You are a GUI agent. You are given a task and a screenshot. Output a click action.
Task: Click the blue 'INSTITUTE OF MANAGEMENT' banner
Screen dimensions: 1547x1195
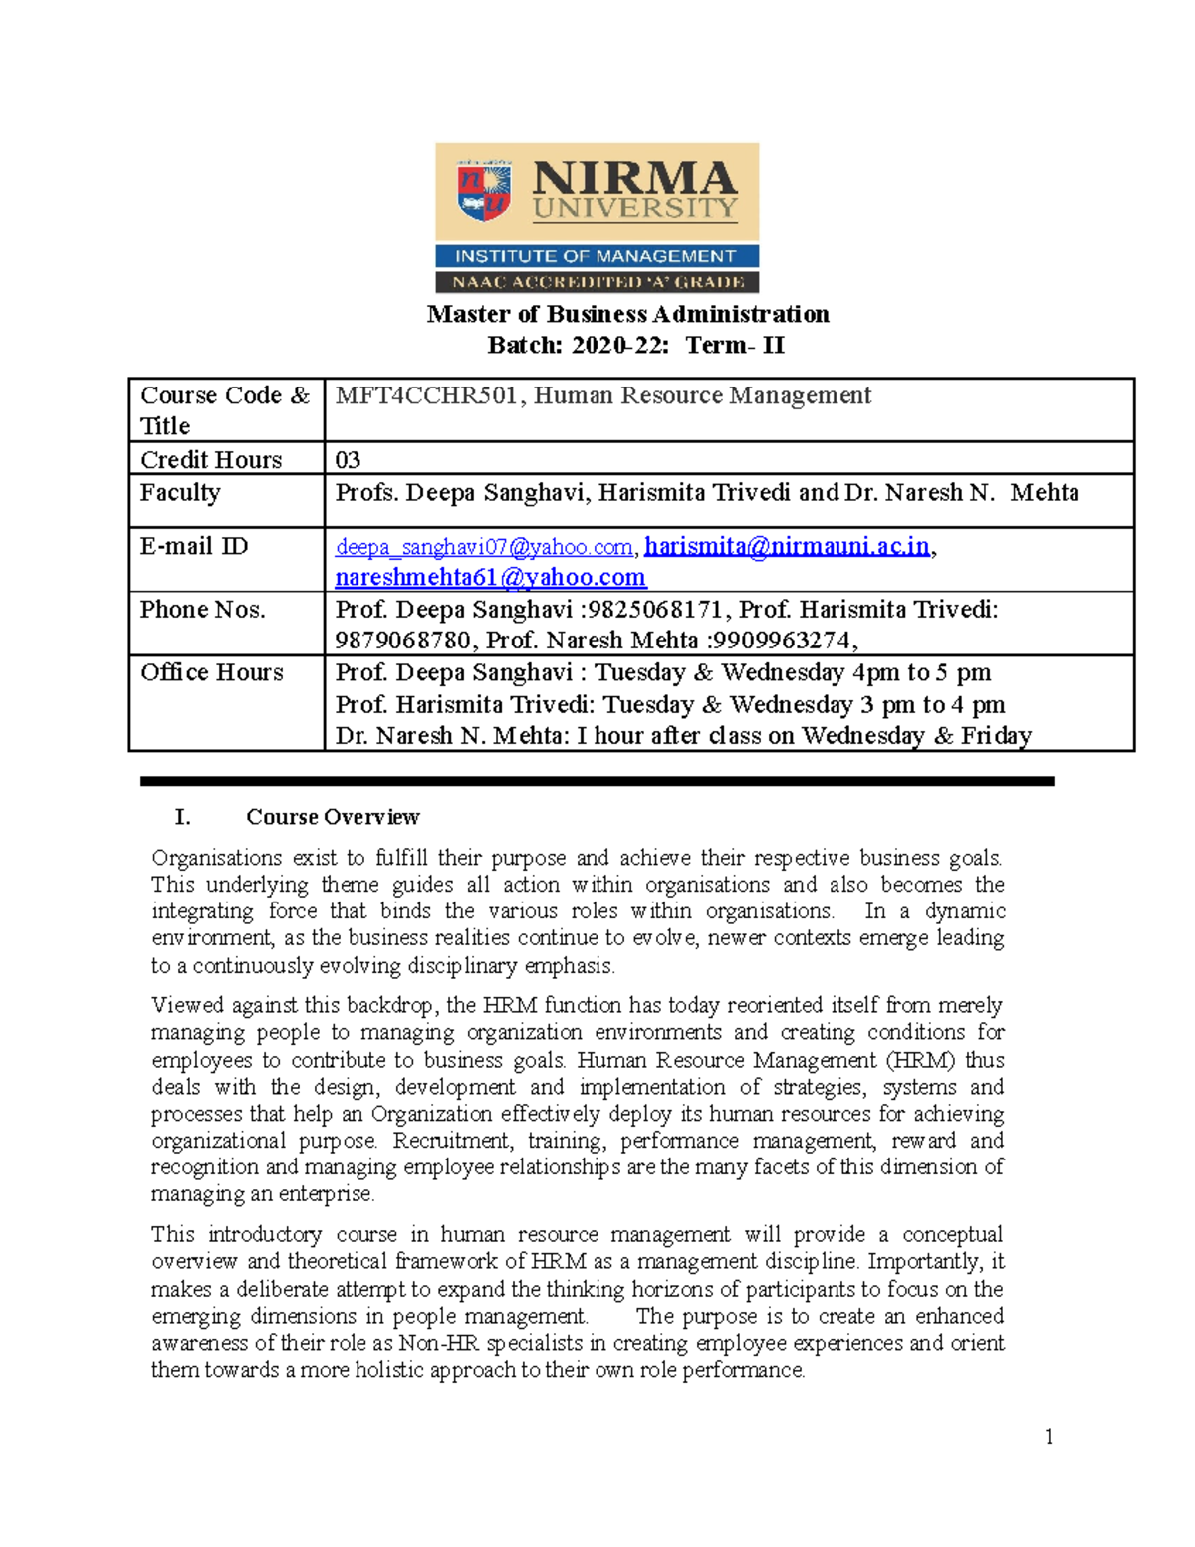[597, 256]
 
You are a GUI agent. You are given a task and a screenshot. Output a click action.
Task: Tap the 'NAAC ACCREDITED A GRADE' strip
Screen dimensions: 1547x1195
[597, 282]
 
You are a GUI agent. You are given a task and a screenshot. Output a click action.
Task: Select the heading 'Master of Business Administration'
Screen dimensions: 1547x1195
[627, 314]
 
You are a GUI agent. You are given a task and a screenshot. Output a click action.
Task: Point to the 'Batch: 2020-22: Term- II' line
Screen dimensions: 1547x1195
[635, 345]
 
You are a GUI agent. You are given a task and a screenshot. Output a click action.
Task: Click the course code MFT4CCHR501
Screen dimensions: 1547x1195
[426, 395]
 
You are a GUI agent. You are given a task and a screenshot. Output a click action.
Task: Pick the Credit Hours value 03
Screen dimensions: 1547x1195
[348, 459]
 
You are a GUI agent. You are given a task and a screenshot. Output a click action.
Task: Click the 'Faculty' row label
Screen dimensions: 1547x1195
[180, 492]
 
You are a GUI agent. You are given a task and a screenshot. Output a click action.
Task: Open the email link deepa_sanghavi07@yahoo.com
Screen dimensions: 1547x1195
[484, 547]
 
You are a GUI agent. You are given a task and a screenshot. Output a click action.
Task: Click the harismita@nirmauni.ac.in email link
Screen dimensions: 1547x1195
[787, 546]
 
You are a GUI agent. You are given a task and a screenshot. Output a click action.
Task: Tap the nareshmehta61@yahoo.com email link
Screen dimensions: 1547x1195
[490, 577]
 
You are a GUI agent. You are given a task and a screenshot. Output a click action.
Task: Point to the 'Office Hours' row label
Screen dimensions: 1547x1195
[211, 672]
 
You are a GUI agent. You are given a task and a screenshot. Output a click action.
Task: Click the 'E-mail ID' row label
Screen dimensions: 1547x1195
[194, 546]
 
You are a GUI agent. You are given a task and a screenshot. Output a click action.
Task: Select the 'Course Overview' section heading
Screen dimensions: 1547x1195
[333, 817]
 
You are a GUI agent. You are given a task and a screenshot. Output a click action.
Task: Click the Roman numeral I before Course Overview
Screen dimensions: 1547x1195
[182, 817]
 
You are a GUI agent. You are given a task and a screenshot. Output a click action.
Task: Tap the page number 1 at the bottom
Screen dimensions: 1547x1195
[1049, 1436]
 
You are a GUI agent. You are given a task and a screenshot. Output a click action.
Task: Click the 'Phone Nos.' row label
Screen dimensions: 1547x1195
[202, 609]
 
